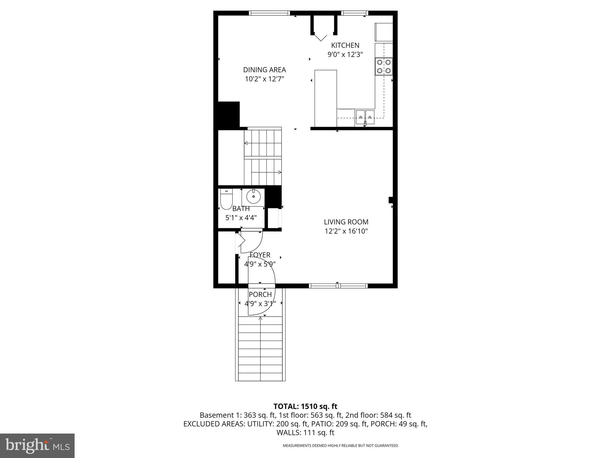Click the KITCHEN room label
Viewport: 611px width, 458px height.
[345, 45]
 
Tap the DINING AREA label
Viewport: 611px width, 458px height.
[264, 70]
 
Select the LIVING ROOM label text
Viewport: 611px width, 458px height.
[346, 222]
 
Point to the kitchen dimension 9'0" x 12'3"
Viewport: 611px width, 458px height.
[345, 55]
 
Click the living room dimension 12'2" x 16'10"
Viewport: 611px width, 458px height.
[346, 231]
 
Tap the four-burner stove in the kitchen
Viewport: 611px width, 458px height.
[384, 66]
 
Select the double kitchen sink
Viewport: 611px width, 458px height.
[365, 117]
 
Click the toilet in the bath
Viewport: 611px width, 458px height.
[226, 199]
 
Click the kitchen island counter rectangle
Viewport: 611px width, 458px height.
[326, 98]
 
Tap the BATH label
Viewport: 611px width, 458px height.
[241, 209]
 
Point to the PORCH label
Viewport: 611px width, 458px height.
[260, 295]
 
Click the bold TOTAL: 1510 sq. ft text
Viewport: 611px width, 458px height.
[305, 406]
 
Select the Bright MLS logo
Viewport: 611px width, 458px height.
[37, 445]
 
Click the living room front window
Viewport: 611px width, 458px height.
[338, 286]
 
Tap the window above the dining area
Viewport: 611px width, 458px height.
[269, 13]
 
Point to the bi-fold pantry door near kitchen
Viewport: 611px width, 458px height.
[321, 37]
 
